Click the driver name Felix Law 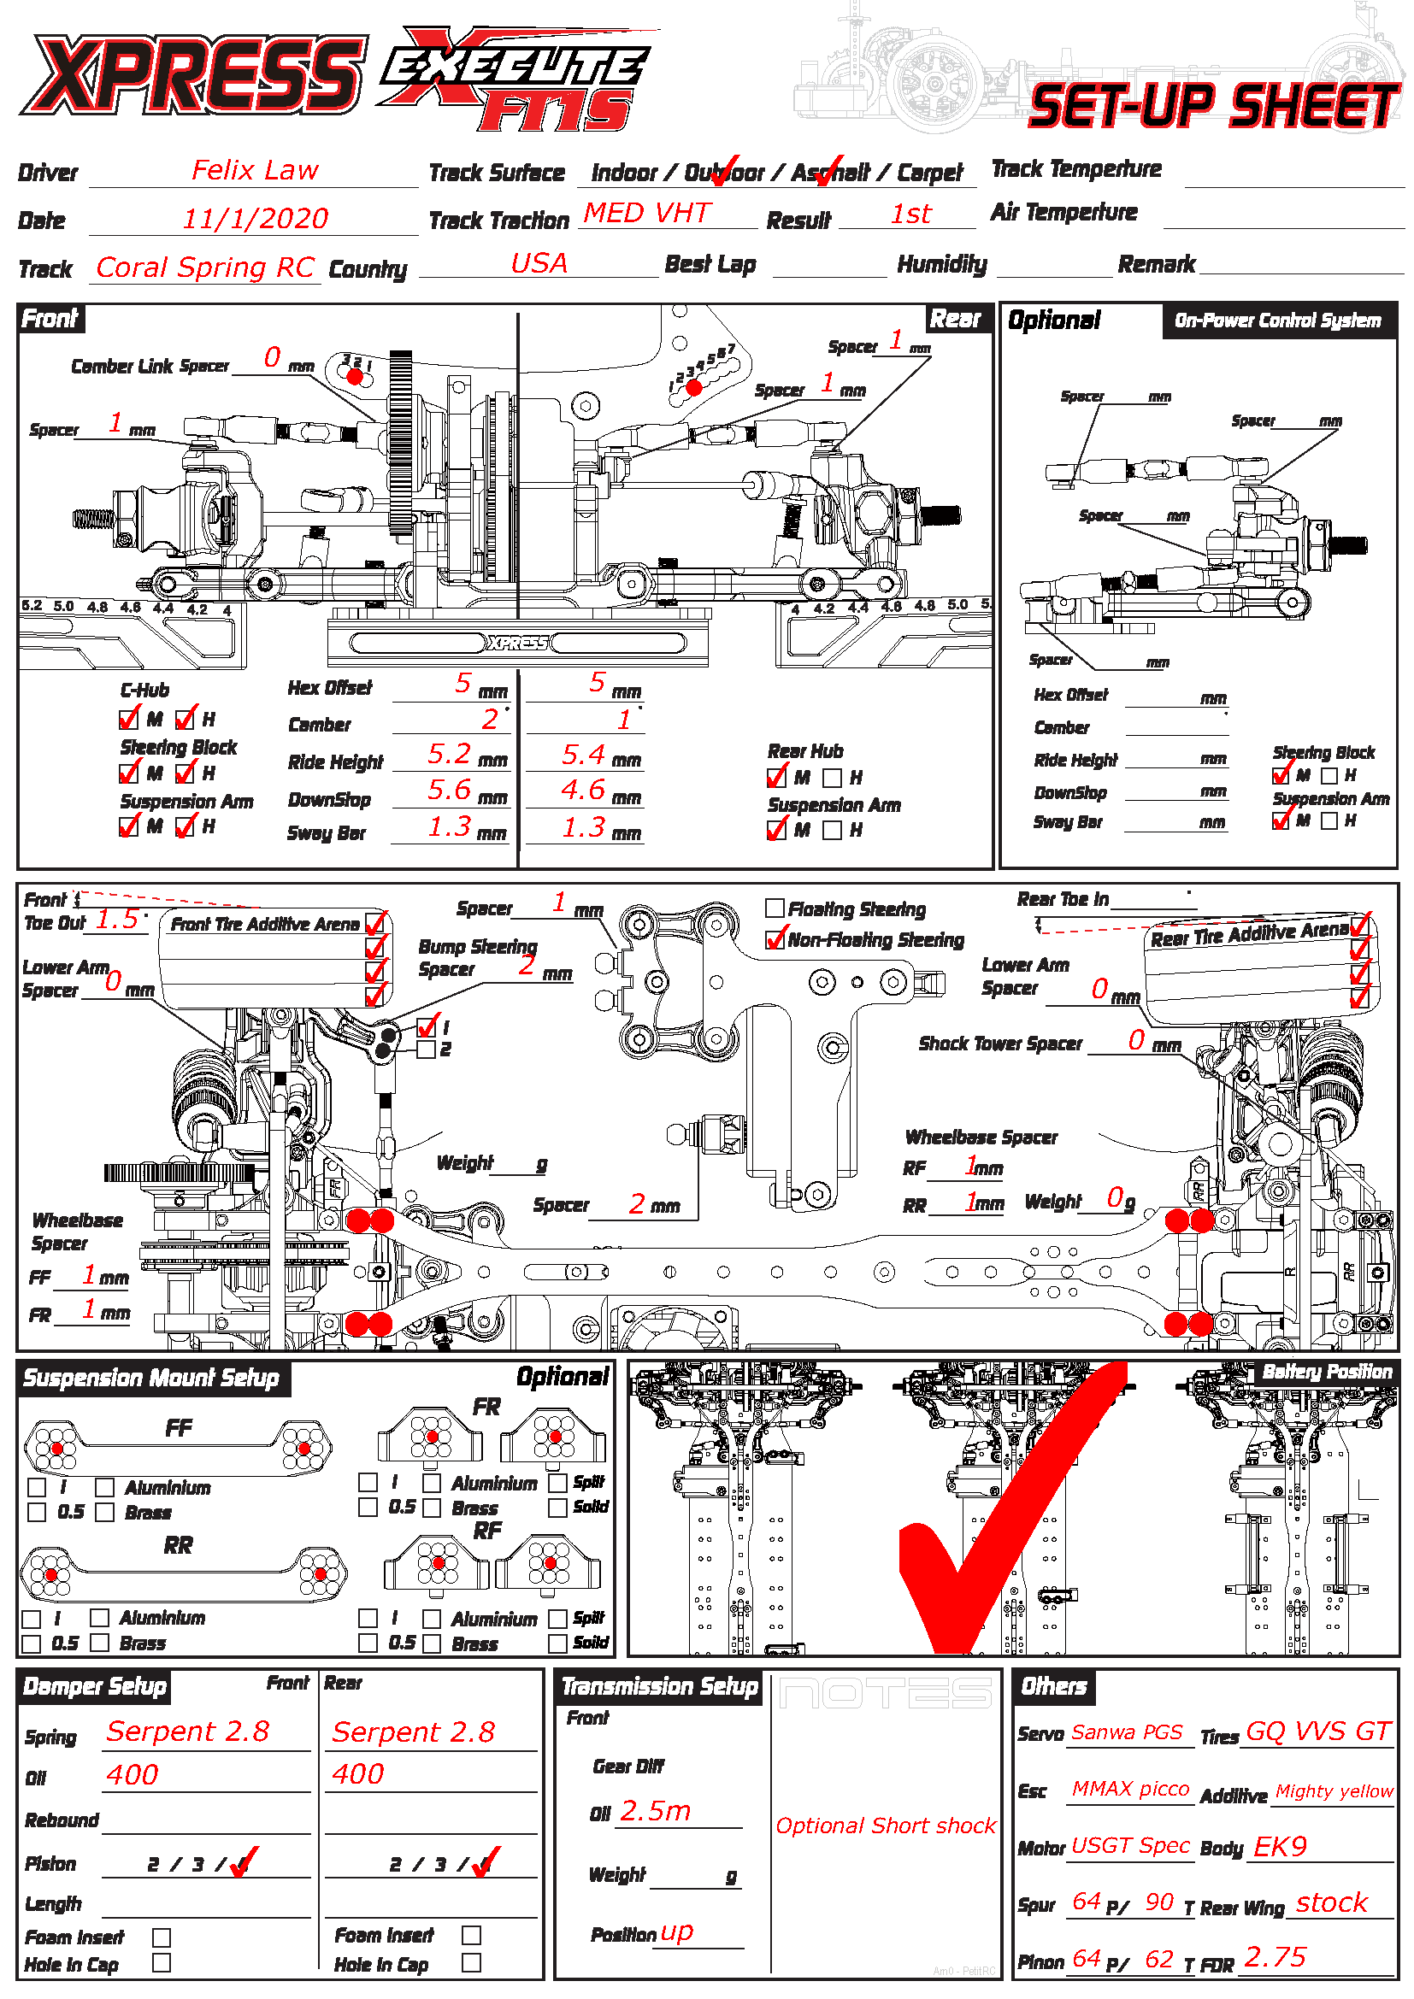click(x=254, y=170)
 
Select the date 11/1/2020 click(x=254, y=219)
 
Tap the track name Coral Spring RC click(x=204, y=268)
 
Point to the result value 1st click(x=910, y=215)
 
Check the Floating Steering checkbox click(x=774, y=908)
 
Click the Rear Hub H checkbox click(x=833, y=778)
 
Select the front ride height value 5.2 click(x=449, y=754)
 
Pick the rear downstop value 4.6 click(x=582, y=790)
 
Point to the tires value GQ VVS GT click(x=1318, y=1731)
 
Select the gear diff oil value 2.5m click(x=655, y=1812)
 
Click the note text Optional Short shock click(x=886, y=1826)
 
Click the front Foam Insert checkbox click(x=161, y=1937)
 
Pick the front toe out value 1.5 click(x=116, y=920)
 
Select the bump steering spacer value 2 click(x=527, y=965)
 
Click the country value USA click(x=539, y=263)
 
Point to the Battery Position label click(x=1327, y=1373)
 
